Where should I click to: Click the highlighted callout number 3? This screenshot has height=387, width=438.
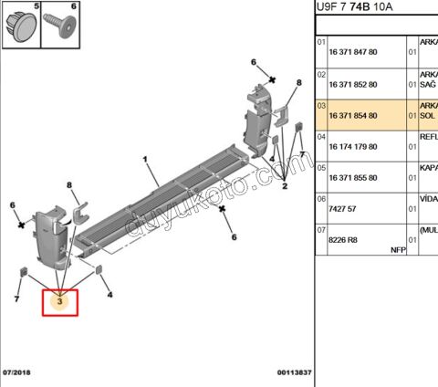pyautogui.click(x=60, y=300)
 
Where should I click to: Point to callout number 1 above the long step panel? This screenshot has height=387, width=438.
pyautogui.click(x=145, y=160)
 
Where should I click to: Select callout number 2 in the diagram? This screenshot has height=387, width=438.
pyautogui.click(x=285, y=186)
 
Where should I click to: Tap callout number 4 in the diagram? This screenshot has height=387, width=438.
pyautogui.click(x=109, y=295)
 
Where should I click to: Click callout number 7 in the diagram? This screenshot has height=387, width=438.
pyautogui.click(x=16, y=299)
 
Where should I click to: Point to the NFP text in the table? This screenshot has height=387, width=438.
pyautogui.click(x=398, y=248)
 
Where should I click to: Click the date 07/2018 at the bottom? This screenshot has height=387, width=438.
pyautogui.click(x=16, y=373)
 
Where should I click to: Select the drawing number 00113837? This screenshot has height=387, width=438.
pyautogui.click(x=294, y=373)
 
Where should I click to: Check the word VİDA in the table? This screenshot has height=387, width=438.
pyautogui.click(x=427, y=197)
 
